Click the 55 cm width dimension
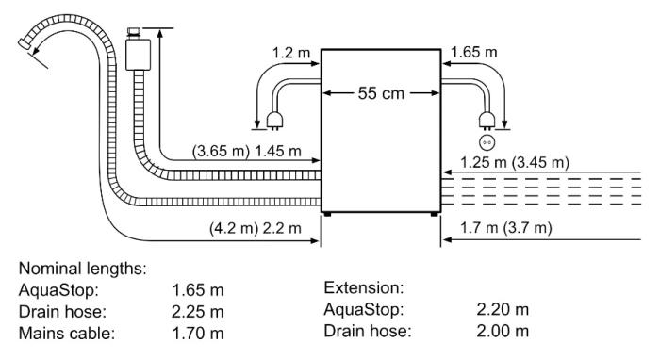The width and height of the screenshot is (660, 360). point(380,93)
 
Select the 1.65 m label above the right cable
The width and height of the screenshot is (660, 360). point(473,52)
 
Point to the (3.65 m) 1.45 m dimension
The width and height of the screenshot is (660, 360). point(248,151)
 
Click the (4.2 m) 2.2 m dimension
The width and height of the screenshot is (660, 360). point(254,228)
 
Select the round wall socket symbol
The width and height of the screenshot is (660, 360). point(487,142)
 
